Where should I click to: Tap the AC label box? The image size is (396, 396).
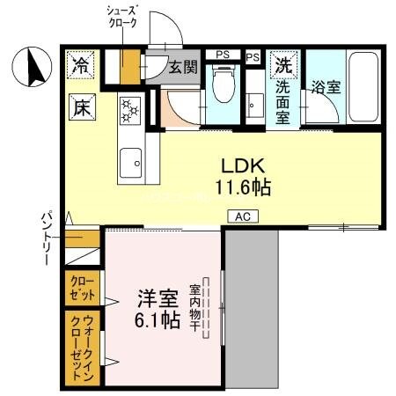coord(242,215)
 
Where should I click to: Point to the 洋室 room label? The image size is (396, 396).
coord(159,298)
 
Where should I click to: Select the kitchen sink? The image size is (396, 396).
coord(131,160)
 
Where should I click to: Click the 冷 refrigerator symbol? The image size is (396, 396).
coord(81,65)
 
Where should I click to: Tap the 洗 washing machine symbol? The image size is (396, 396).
coord(283,65)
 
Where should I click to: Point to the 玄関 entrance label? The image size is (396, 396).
coord(183,67)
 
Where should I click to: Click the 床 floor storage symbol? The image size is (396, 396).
coord(81,109)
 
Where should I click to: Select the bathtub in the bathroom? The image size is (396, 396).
coord(363,88)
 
